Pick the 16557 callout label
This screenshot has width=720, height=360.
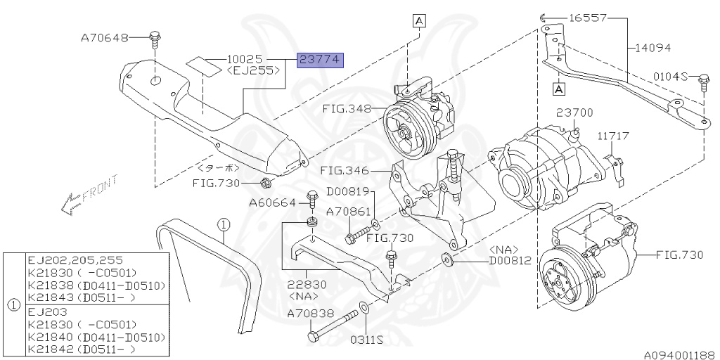(587, 18)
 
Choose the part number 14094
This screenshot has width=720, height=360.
(652, 48)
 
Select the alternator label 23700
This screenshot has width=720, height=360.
(574, 112)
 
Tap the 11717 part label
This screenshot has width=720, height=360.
(613, 136)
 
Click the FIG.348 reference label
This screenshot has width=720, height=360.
(347, 109)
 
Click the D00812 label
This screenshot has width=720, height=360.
(510, 260)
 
